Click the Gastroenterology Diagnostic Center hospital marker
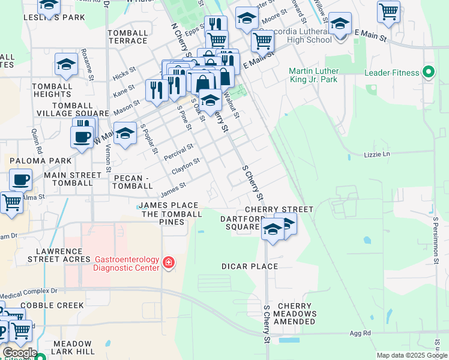pyautogui.click(x=169, y=263)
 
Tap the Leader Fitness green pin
pyautogui.click(x=428, y=73)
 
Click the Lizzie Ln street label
pyautogui.click(x=377, y=154)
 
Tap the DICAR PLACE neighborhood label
pyautogui.click(x=250, y=266)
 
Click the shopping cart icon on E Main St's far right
pyautogui.click(x=389, y=11)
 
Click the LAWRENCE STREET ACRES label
pyautogui.click(x=58, y=255)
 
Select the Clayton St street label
pyautogui.click(x=185, y=167)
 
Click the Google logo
pyautogui.click(x=20, y=353)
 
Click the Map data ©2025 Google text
pyautogui.click(x=411, y=355)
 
